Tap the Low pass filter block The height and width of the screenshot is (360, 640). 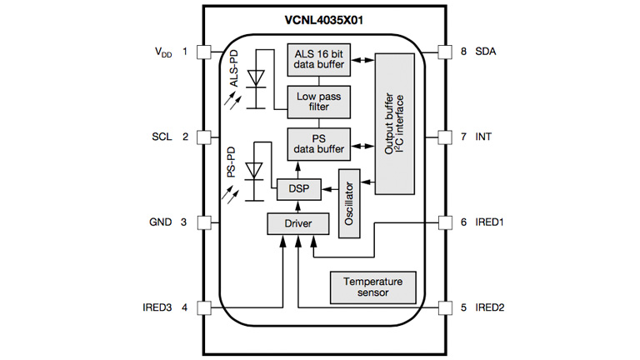tap(319, 102)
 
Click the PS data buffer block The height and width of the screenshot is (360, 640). tap(319, 145)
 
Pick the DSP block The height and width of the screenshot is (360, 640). tap(298, 189)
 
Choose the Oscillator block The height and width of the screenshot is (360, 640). tap(350, 202)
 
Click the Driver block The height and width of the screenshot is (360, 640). tap(297, 223)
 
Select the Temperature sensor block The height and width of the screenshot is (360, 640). tap(373, 287)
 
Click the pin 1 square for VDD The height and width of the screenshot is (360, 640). tap(202, 52)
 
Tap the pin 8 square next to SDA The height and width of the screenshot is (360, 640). tap(443, 52)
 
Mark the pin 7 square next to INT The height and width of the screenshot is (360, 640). tap(443, 137)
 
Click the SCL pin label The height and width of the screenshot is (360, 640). tap(161, 137)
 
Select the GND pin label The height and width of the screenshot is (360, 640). tap(160, 222)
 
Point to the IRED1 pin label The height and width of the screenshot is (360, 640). tap(490, 222)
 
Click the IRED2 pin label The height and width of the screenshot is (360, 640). tap(490, 307)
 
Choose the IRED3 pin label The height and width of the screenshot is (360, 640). tap(157, 307)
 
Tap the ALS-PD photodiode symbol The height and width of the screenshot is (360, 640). tap(257, 77)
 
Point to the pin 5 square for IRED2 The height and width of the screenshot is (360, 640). tap(443, 307)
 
